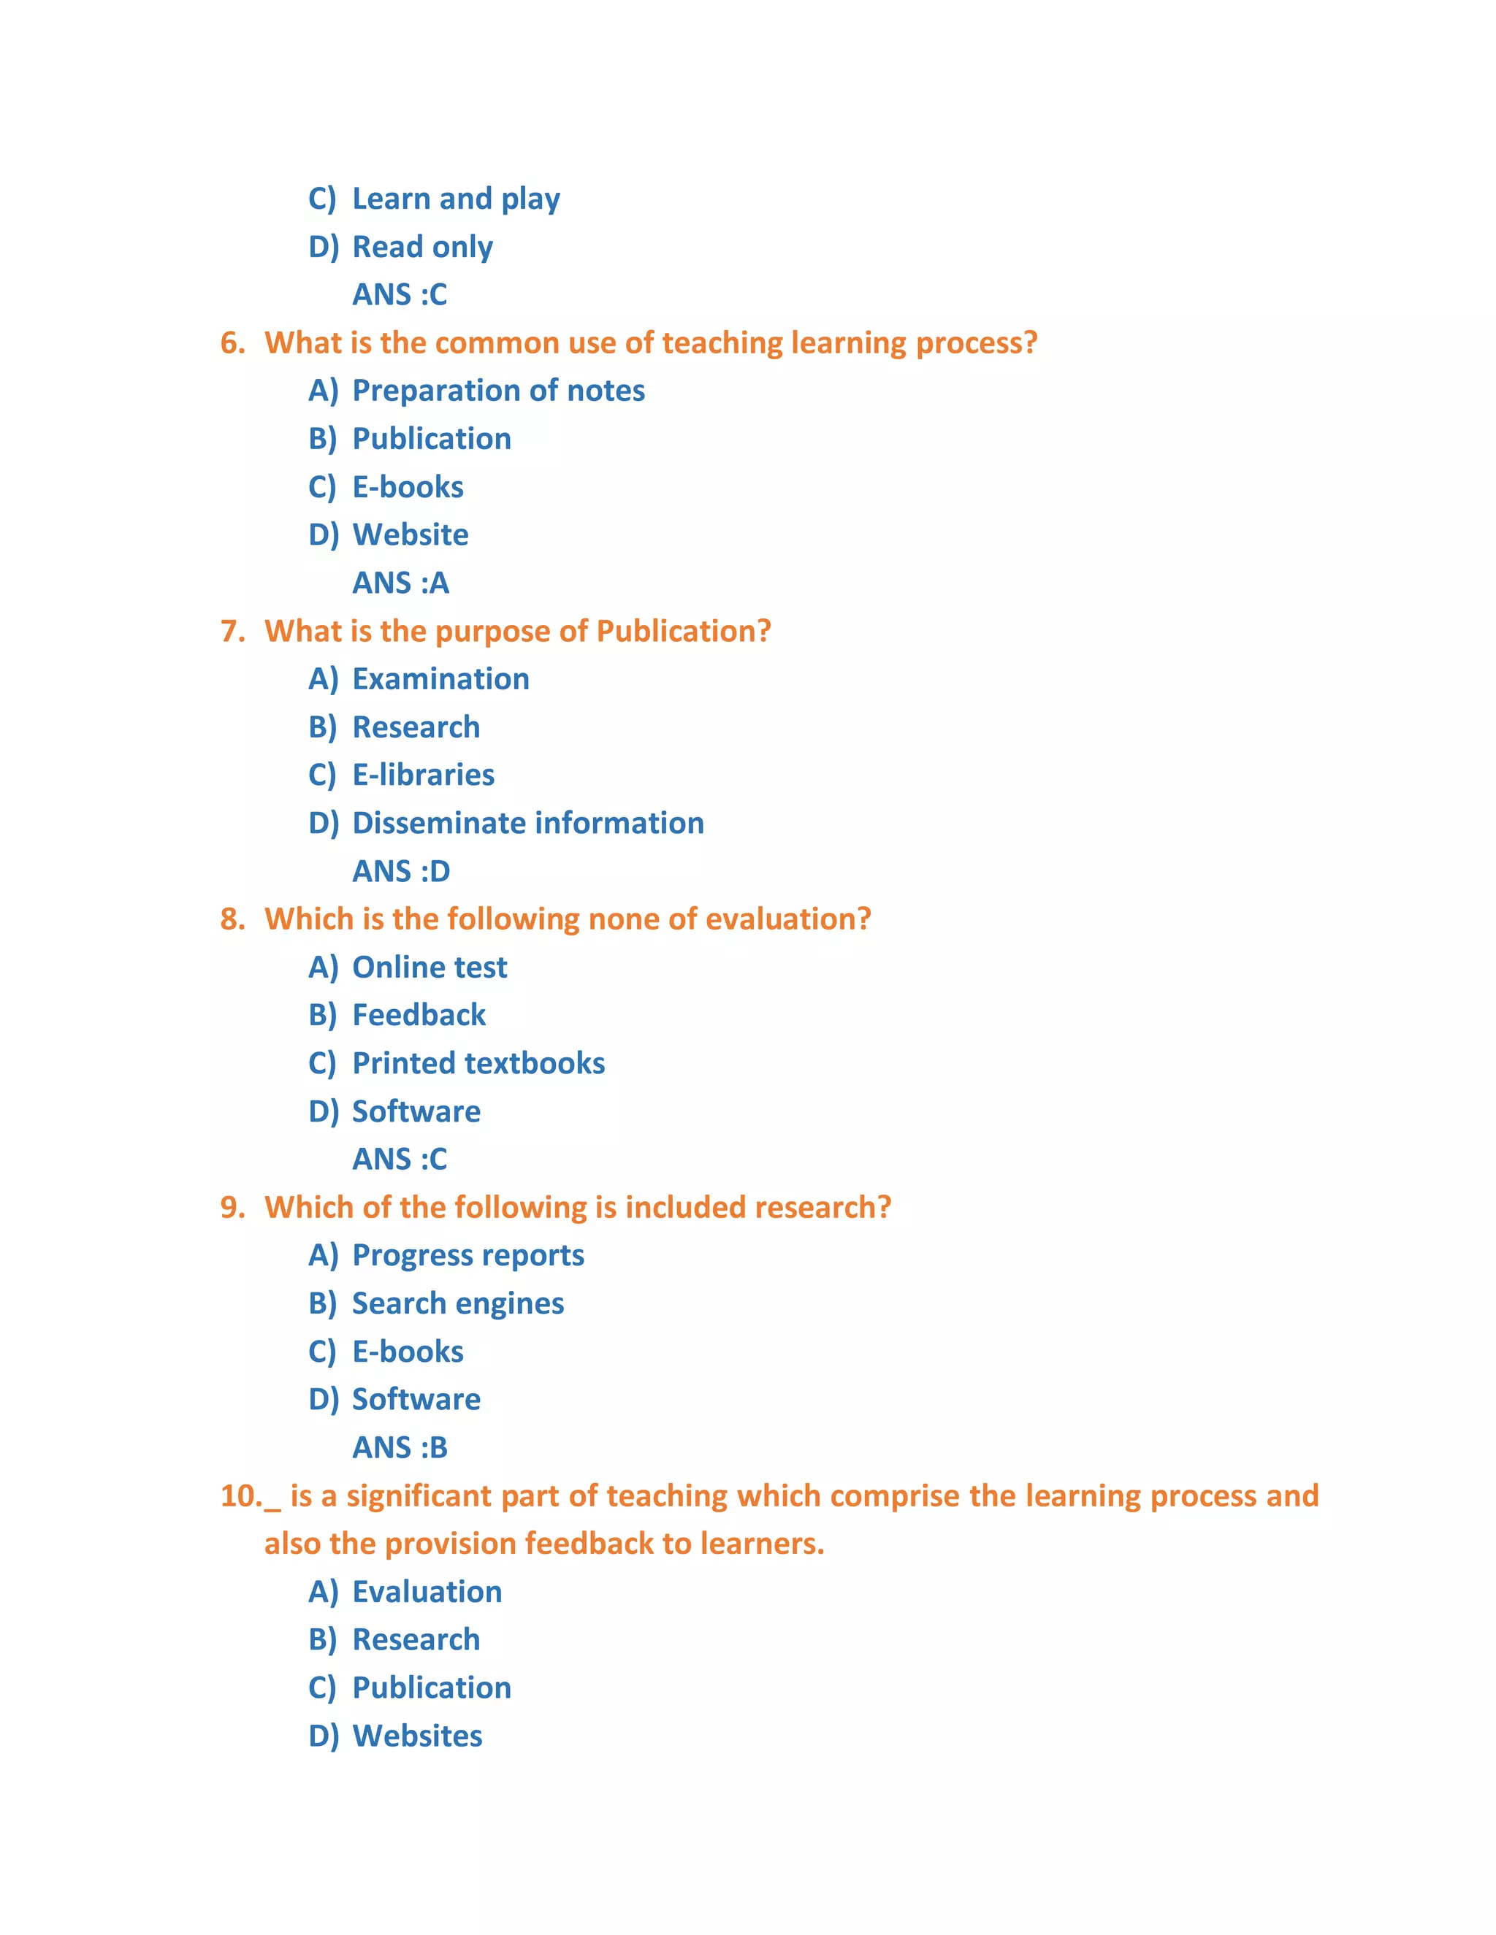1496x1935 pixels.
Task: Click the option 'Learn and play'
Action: (x=456, y=199)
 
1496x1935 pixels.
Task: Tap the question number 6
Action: (x=232, y=343)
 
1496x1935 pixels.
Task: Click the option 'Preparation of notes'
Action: (x=498, y=391)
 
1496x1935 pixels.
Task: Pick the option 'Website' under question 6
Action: (x=411, y=534)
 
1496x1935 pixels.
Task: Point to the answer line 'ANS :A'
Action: (x=400, y=583)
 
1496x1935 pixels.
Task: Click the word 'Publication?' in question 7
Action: (x=683, y=631)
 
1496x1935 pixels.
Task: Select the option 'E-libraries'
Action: (x=423, y=775)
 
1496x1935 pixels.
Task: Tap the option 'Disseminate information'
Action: (x=528, y=823)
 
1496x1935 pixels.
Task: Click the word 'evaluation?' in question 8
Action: (x=788, y=919)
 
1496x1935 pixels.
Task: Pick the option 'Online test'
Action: (x=429, y=967)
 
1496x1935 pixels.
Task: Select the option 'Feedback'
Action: (x=419, y=1016)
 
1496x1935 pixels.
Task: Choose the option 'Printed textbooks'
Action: (x=478, y=1063)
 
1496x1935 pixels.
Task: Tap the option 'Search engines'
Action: (x=457, y=1303)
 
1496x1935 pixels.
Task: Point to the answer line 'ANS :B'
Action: (x=400, y=1448)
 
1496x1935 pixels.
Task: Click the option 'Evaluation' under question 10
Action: (x=427, y=1592)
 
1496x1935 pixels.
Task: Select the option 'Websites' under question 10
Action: (x=417, y=1736)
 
